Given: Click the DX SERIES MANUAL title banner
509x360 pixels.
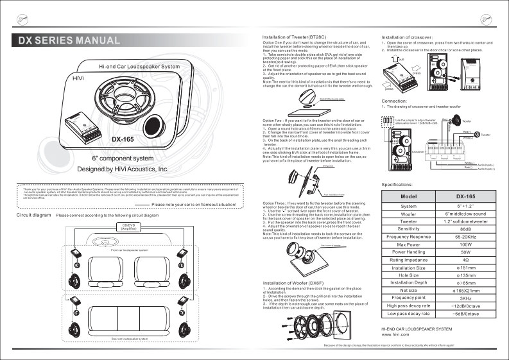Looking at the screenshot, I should (69, 42).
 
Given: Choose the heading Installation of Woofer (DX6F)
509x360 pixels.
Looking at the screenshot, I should (293, 283).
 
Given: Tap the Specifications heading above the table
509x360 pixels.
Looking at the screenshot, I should (401, 184).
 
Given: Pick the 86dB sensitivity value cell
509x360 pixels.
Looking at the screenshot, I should (466, 229).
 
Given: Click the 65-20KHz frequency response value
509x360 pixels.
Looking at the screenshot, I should (466, 237).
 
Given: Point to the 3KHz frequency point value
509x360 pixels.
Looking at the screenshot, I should (466, 298).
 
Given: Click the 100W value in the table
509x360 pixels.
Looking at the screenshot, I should (466, 244).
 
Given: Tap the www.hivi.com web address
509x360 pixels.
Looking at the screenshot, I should (396, 335).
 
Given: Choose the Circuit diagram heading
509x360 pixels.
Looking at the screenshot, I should (33, 215).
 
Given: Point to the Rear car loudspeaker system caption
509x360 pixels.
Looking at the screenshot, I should (129, 338).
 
